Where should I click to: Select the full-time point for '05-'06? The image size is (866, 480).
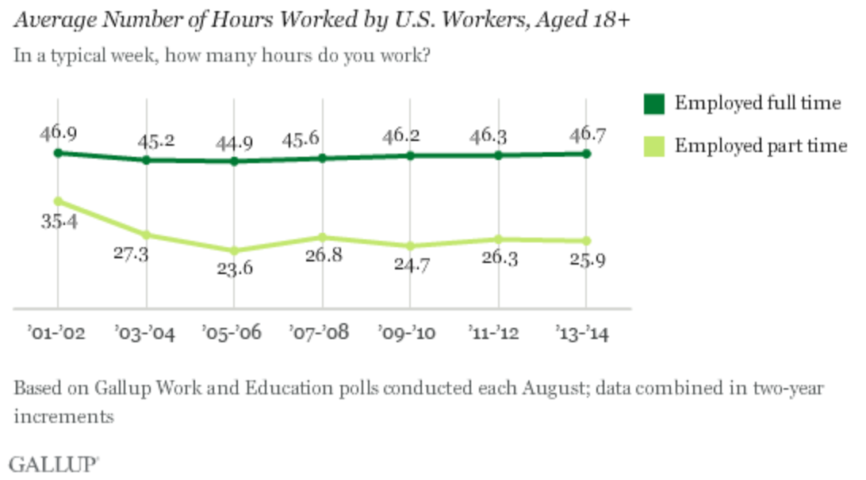[x=234, y=161]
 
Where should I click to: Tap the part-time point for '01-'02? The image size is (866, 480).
[x=58, y=201]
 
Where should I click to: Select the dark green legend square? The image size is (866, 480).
[x=653, y=104]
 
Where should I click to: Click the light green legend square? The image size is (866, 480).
[x=653, y=145]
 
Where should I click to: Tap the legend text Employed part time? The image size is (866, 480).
[x=761, y=145]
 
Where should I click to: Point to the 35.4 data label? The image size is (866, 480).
[x=57, y=221]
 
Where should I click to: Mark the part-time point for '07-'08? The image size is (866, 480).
[x=322, y=237]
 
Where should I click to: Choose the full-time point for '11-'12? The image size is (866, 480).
[x=498, y=154]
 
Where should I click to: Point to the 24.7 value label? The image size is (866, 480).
[x=409, y=264]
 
